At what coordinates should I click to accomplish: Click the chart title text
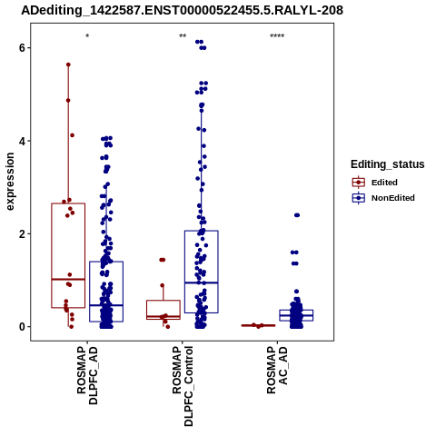(x=183, y=10)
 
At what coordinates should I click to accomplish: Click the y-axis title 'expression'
(x=10, y=182)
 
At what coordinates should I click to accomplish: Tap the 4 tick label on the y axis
(x=23, y=141)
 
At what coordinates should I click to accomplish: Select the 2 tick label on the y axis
(x=23, y=233)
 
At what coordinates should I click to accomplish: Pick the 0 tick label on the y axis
(x=23, y=327)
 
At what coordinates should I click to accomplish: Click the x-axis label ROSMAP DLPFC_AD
(x=87, y=376)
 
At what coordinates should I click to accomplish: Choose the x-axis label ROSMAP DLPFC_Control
(x=183, y=386)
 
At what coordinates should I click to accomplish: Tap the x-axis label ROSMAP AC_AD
(x=277, y=371)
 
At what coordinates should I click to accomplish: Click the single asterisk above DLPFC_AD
(x=87, y=36)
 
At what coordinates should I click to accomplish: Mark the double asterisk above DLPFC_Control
(x=183, y=36)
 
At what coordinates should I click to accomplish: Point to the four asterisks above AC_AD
(x=277, y=36)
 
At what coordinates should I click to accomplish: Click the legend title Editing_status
(x=388, y=164)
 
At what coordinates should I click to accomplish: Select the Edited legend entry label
(x=384, y=183)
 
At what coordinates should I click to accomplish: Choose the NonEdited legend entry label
(x=393, y=198)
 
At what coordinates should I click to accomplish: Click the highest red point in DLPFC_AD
(x=68, y=64)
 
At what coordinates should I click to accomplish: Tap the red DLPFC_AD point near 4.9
(x=68, y=100)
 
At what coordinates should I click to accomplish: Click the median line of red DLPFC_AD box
(x=68, y=279)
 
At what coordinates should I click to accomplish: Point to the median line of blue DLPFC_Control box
(x=202, y=282)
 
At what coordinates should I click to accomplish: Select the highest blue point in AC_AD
(x=297, y=215)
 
